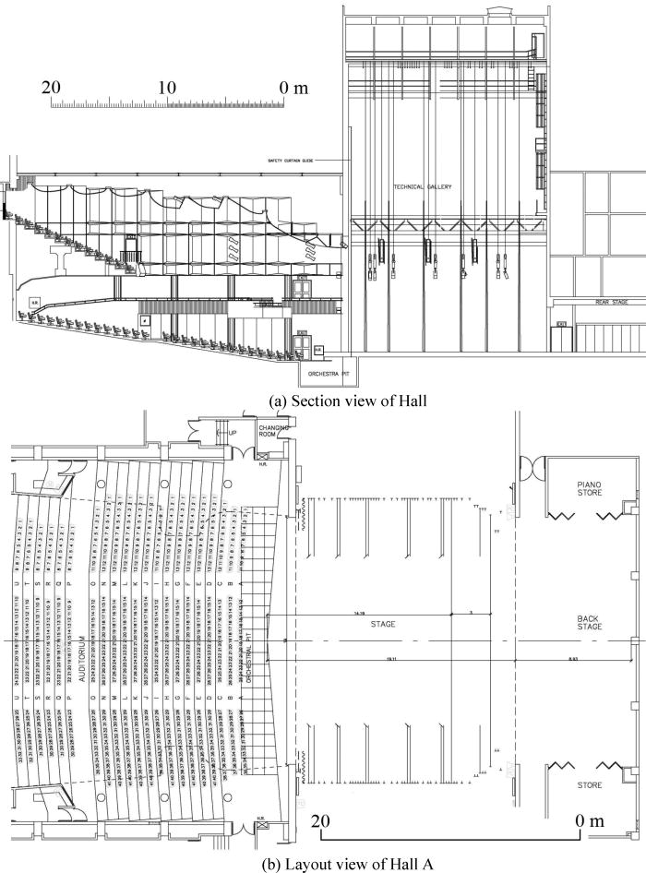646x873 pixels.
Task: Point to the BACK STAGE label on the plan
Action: click(x=588, y=624)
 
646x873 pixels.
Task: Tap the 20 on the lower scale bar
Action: click(x=320, y=819)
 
